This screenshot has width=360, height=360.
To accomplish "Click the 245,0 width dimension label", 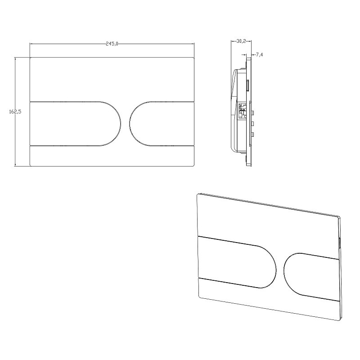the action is [x=112, y=44].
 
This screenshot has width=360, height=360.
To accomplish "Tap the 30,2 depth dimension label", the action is [x=241, y=41].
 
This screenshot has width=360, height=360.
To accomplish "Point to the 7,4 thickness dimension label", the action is [x=259, y=54].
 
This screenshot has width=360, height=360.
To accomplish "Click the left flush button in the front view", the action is [x=75, y=123].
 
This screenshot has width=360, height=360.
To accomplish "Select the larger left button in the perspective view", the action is [x=237, y=262].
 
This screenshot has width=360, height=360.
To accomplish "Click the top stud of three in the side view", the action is [x=253, y=113].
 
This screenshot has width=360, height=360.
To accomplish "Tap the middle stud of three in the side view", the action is [x=253, y=123].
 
